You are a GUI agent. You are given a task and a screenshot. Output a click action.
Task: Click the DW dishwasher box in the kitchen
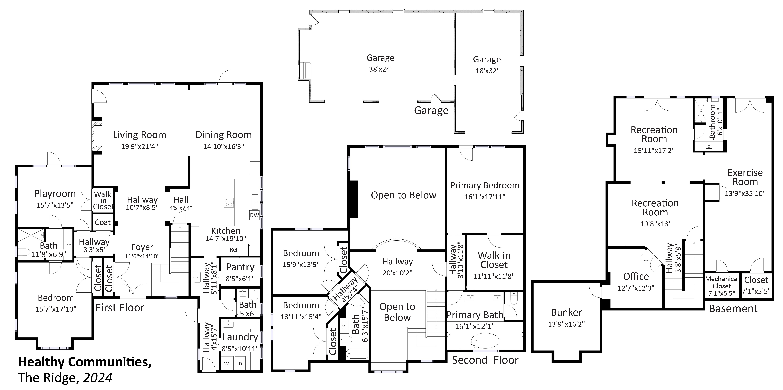[x=254, y=215]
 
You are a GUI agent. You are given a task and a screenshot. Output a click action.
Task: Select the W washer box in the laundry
[x=226, y=364]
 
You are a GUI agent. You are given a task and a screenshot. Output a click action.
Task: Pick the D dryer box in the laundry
[x=240, y=364]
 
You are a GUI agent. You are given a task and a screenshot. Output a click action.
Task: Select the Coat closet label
[x=103, y=222]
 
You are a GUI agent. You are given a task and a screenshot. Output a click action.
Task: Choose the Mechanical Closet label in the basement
[x=722, y=282]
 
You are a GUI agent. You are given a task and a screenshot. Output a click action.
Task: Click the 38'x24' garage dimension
[x=380, y=69]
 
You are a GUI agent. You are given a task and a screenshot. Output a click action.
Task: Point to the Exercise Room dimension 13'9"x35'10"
[x=745, y=193]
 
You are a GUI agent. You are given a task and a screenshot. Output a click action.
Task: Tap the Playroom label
[x=55, y=194]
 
